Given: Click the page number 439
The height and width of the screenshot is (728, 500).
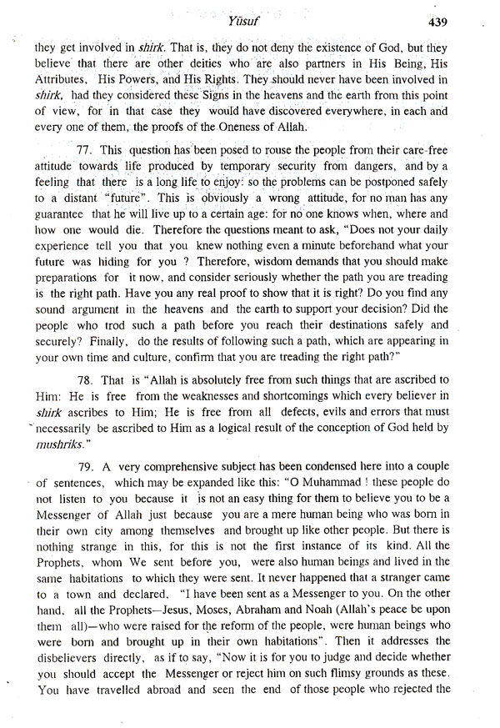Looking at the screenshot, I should pos(462,21).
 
